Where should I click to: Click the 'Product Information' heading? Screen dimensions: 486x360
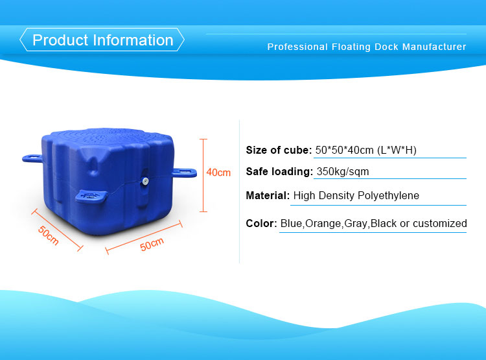tap(102, 40)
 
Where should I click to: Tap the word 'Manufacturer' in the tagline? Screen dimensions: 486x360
tap(434, 47)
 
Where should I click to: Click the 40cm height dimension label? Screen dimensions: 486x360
tap(218, 173)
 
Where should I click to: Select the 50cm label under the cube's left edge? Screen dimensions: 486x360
tap(49, 235)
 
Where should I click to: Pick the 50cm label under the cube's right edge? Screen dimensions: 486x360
tap(152, 245)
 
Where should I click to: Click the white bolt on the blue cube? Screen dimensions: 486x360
tap(145, 181)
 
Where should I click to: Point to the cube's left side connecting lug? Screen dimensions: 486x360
tap(32, 158)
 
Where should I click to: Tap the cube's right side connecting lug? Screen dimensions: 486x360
tap(185, 173)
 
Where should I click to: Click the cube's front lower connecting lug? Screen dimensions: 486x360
tap(91, 197)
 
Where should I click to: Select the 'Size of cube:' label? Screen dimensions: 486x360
tap(279, 150)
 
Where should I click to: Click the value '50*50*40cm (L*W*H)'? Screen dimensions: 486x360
tap(365, 150)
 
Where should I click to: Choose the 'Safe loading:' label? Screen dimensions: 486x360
tap(279, 172)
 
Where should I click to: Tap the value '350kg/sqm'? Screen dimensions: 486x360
tap(343, 172)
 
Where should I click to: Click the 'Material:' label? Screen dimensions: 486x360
tap(268, 195)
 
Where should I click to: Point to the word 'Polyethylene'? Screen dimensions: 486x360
tap(388, 195)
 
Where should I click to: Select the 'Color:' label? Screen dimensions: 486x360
tap(261, 223)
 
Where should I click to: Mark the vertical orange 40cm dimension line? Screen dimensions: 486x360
tap(203, 176)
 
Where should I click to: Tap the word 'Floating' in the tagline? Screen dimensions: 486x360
tap(351, 47)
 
